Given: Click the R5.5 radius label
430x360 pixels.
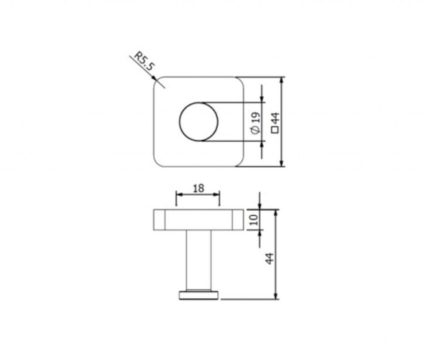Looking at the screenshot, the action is click(144, 62).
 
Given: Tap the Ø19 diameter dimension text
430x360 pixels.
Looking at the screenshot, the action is click(255, 123).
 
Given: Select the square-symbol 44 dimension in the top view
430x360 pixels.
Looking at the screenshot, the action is click(275, 123).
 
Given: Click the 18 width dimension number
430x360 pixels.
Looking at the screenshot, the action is click(199, 189).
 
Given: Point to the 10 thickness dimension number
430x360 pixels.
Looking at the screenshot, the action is click(254, 219).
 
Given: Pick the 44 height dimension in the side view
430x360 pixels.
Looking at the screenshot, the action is click(270, 258).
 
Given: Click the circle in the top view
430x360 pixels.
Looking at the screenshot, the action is click(199, 122).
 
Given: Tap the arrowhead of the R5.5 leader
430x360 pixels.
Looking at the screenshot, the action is click(154, 78).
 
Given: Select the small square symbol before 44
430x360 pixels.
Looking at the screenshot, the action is click(275, 130).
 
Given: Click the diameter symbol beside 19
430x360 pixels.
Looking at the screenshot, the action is click(255, 131).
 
